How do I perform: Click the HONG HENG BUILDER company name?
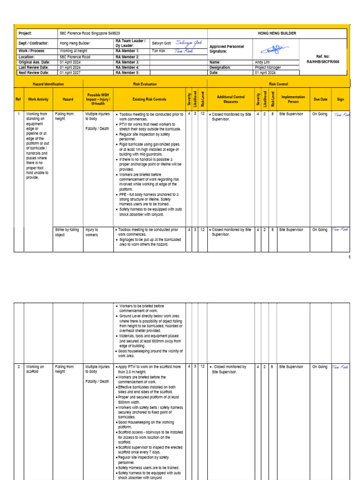[x=277, y=34]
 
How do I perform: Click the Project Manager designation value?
[x=268, y=67]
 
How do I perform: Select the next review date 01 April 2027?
[x=71, y=73]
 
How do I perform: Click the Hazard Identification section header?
[x=48, y=84]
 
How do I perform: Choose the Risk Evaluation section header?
[x=145, y=84]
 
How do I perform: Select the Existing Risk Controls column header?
[x=149, y=99]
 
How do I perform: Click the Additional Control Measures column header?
[x=231, y=99]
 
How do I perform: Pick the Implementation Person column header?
[x=293, y=99]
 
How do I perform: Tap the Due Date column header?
[x=321, y=99]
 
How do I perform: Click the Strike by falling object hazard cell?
[x=67, y=232]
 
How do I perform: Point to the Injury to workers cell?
[x=92, y=232]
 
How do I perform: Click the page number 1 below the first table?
[x=349, y=257]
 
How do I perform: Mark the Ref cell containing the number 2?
[x=18, y=367]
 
